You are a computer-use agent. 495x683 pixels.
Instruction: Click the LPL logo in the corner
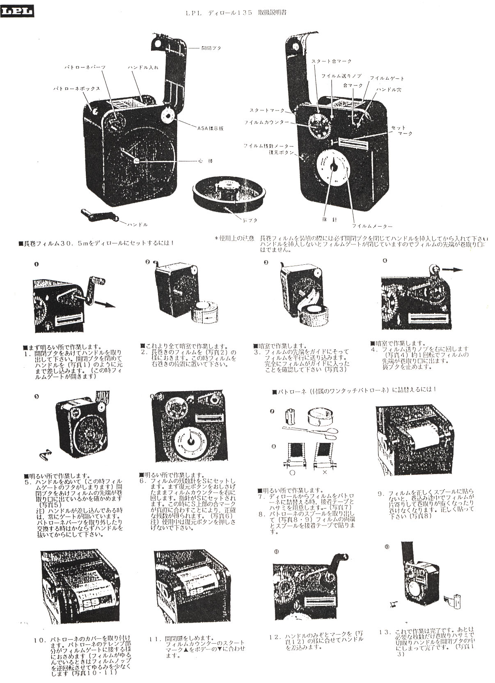click(x=17, y=12)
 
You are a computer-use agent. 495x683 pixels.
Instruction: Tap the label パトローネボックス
click(x=77, y=89)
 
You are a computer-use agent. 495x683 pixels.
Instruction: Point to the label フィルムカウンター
click(x=266, y=123)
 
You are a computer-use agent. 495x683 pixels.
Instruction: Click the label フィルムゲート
click(x=387, y=78)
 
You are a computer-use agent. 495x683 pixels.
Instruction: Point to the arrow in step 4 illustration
click(x=453, y=270)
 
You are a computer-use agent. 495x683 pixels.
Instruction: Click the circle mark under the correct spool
click(x=292, y=472)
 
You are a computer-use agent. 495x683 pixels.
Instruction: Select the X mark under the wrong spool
click(x=325, y=472)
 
